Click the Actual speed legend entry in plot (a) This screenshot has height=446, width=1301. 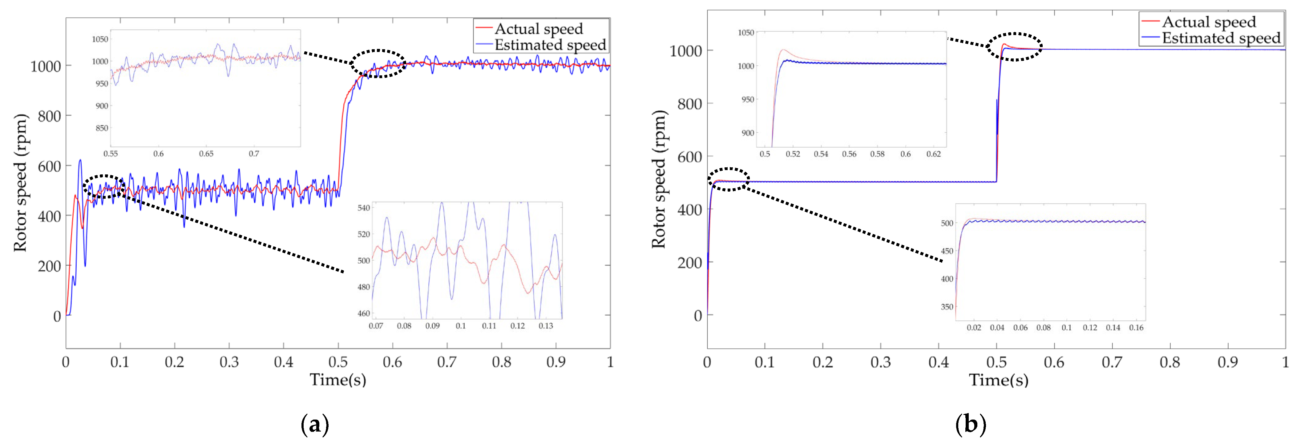pos(538,28)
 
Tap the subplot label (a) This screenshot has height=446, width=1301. pos(315,424)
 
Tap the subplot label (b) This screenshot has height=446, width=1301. pos(970,424)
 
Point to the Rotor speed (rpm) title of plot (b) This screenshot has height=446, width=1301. pos(659,179)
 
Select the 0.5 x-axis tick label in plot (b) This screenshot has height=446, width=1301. pos(996,362)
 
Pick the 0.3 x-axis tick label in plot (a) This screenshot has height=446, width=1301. pos(229,362)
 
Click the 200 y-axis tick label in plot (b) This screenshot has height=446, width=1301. pos(689,263)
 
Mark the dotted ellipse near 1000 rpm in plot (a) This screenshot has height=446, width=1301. pos(378,64)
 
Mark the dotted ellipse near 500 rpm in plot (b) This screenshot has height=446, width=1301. pos(728,179)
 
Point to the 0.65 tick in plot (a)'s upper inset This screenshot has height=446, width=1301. pos(206,153)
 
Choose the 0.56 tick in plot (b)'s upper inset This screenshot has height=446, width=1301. pos(849,154)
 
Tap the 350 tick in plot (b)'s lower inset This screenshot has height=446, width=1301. pos(947,307)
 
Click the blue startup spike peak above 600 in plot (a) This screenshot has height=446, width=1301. pos(80,161)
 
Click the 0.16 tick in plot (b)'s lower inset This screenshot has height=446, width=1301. pos(1136,328)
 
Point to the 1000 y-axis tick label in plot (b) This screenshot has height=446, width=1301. pos(685,51)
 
